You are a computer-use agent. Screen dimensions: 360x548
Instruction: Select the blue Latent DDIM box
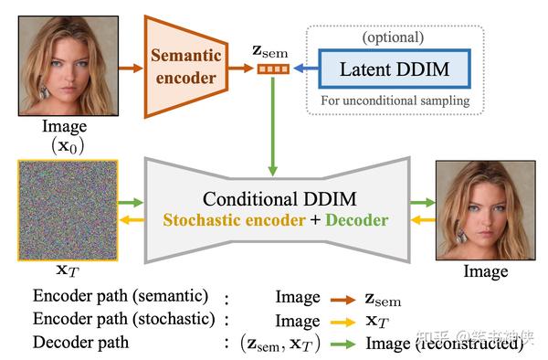pyautogui.click(x=395, y=69)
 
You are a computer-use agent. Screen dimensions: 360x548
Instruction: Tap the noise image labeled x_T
pyautogui.click(x=66, y=211)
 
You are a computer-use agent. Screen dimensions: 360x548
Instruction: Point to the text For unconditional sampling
pyautogui.click(x=395, y=100)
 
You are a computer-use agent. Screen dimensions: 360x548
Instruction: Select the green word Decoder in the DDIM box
pyautogui.click(x=356, y=220)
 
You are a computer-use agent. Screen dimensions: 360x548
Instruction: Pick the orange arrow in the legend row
pyautogui.click(x=343, y=299)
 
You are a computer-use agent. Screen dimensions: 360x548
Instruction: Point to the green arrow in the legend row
pyautogui.click(x=343, y=344)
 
